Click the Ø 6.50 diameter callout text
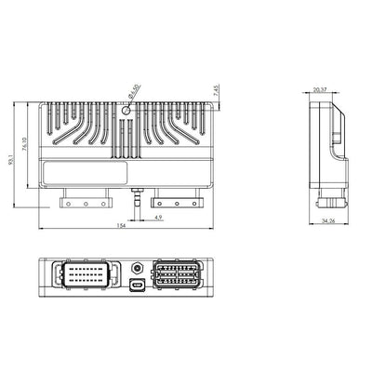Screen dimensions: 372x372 click(x=133, y=92)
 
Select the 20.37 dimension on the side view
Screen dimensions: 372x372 click(x=320, y=90)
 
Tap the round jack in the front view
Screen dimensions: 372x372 click(x=137, y=267)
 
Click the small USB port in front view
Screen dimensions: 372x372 click(x=137, y=285)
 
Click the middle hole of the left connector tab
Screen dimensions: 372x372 click(x=86, y=202)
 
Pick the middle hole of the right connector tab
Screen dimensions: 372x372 click(x=177, y=202)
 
